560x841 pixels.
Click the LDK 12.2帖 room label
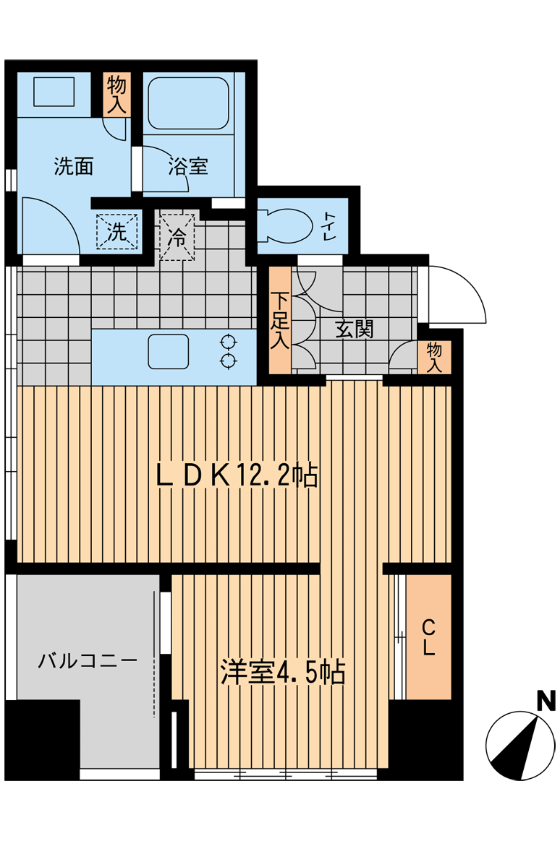237,475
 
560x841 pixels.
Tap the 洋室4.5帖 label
283,671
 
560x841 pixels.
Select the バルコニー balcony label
88,660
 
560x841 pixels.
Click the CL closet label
428,637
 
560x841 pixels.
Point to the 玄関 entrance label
355,329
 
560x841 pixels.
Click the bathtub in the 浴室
188,103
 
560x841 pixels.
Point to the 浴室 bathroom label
188,166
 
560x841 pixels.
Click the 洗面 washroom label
74,166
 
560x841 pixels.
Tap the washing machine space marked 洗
117,231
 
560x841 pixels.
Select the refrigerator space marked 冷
177,236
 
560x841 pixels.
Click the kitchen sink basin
169,351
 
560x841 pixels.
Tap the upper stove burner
229,342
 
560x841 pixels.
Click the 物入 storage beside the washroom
116,95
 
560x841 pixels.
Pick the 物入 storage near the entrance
434,357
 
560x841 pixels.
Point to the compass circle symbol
520,746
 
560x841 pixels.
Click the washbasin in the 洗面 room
54,92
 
